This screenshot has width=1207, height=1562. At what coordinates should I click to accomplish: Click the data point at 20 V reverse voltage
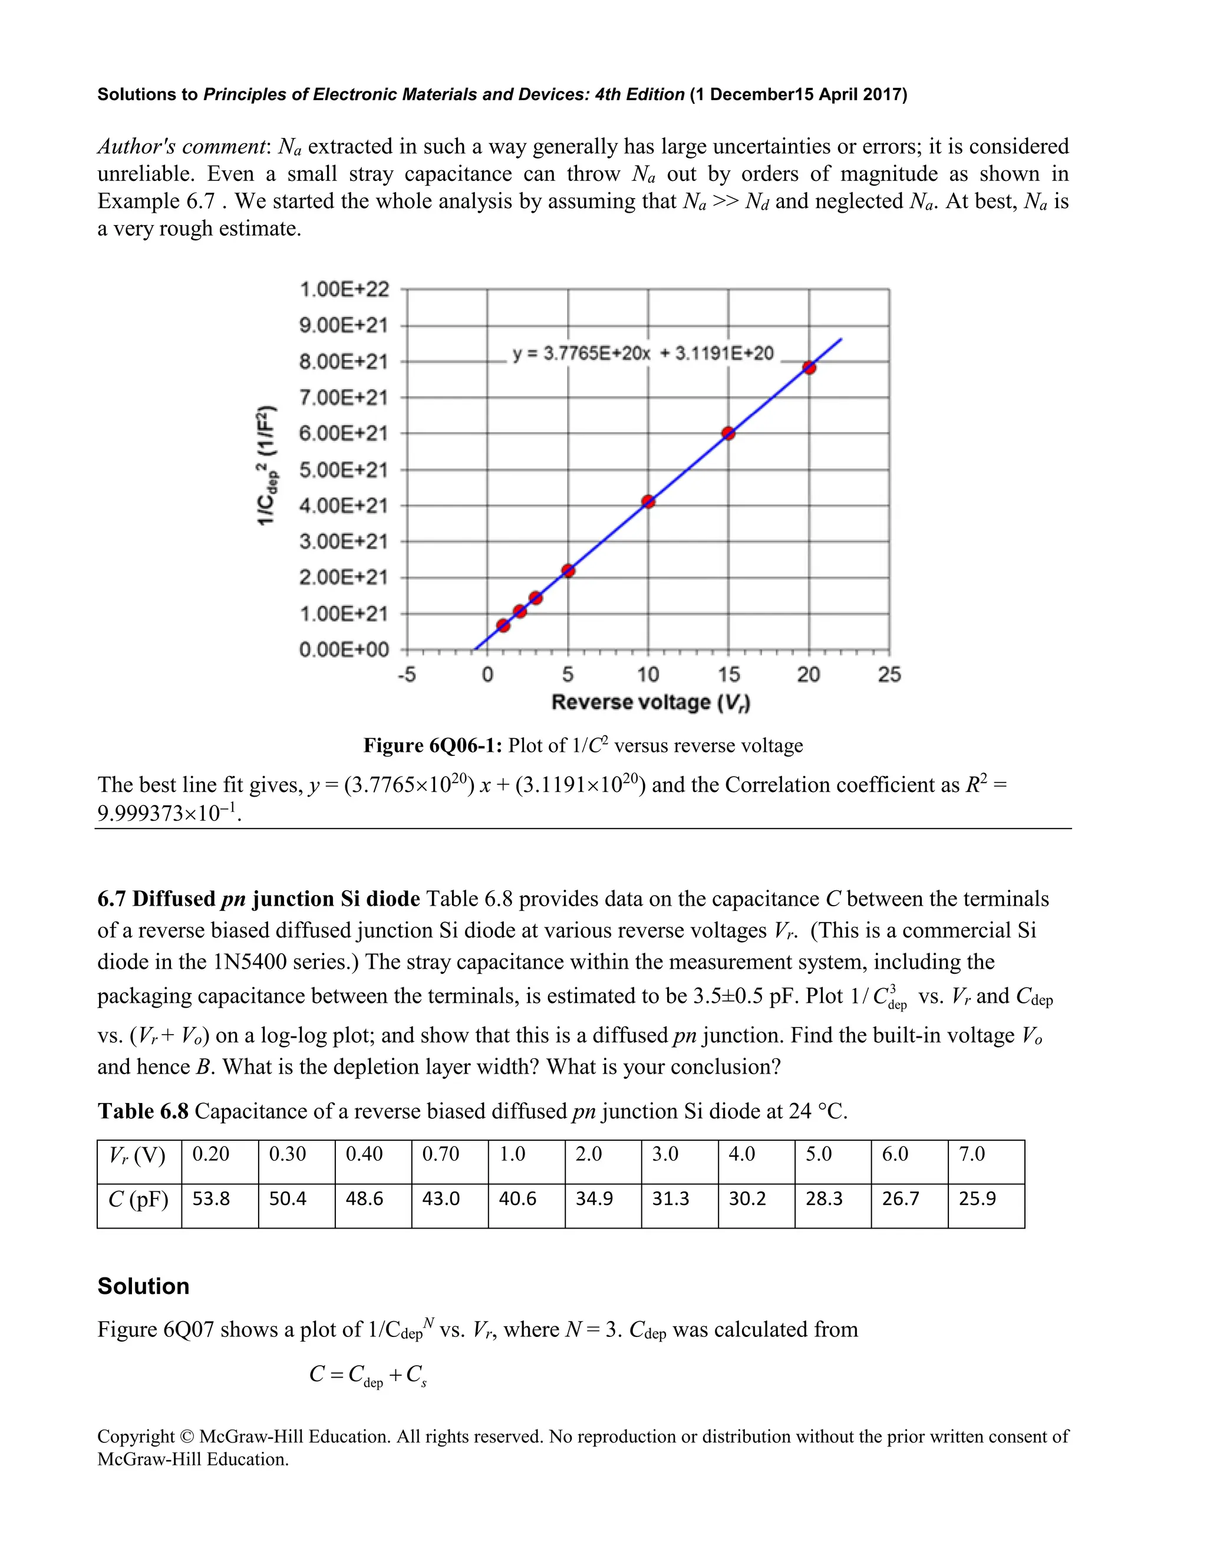tap(809, 368)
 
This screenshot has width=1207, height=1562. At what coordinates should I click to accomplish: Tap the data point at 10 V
tap(648, 501)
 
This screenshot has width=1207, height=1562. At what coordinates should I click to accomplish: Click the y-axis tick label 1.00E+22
tap(344, 290)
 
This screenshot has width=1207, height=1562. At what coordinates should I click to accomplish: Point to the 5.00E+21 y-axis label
tap(344, 470)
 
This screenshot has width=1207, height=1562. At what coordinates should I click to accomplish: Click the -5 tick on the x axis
tap(407, 675)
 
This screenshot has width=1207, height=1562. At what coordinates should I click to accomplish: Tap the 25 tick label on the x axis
tap(889, 675)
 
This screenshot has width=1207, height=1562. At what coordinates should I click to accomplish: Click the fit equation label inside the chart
tap(643, 354)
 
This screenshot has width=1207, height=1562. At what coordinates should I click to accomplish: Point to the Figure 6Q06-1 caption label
tap(434, 745)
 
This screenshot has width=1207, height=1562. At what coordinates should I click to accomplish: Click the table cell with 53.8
tap(211, 1198)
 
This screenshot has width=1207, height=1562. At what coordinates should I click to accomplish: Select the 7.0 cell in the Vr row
tap(972, 1154)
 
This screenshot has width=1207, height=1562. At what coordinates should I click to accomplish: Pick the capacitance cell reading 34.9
tap(594, 1198)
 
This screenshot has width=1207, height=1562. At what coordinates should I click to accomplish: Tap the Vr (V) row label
tap(137, 1155)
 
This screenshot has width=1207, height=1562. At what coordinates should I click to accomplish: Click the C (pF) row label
tap(138, 1198)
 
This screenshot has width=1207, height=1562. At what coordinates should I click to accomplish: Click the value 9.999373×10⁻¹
tap(169, 813)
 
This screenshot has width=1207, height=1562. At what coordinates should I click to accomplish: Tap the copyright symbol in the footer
tap(187, 1437)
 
